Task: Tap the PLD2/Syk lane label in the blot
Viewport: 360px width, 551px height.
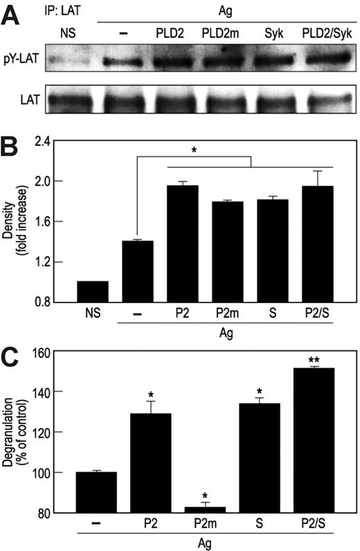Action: click(x=321, y=33)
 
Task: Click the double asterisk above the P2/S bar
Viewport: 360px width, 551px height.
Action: click(x=315, y=361)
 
